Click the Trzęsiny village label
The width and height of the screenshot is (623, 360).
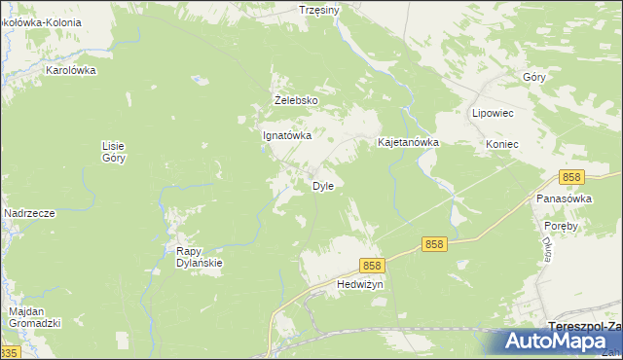pyautogui.click(x=319, y=10)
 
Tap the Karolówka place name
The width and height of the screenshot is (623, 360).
pyautogui.click(x=72, y=70)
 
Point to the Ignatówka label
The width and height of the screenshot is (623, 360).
pyautogui.click(x=287, y=136)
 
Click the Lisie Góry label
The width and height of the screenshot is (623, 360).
pyautogui.click(x=114, y=151)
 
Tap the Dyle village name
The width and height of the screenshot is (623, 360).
pyautogui.click(x=323, y=186)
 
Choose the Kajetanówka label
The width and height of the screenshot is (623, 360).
pyautogui.click(x=409, y=142)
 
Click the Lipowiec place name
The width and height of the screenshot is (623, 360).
pyautogui.click(x=493, y=113)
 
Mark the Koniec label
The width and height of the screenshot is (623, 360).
pyautogui.click(x=502, y=144)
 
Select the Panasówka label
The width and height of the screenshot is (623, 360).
pyautogui.click(x=565, y=198)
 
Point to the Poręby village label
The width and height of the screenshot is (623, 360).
pyautogui.click(x=563, y=226)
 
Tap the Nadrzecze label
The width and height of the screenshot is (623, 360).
pyautogui.click(x=28, y=213)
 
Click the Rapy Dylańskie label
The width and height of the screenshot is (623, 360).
pyautogui.click(x=200, y=256)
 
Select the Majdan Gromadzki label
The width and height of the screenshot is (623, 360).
pyautogui.click(x=35, y=316)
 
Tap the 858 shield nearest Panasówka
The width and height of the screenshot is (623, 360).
pyautogui.click(x=571, y=177)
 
